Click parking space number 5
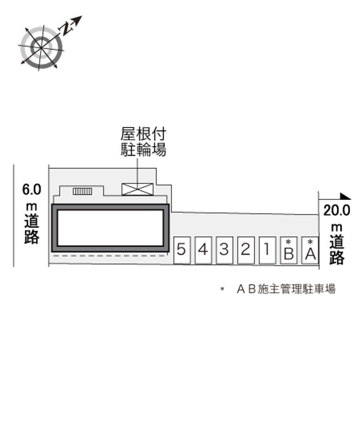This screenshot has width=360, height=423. click(x=181, y=250)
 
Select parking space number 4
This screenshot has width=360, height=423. click(x=203, y=250)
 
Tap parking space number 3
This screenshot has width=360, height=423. click(x=224, y=250)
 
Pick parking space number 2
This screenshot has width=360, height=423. click(x=245, y=250)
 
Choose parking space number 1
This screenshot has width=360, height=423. click(x=267, y=250)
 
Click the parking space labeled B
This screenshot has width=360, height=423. click(x=288, y=251)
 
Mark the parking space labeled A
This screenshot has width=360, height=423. click(x=310, y=251)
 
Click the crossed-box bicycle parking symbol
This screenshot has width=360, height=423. click(x=138, y=189)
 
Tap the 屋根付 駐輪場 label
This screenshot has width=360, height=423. click(x=143, y=142)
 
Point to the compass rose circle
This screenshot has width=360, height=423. click(x=41, y=47)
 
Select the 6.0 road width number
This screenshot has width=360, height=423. click(x=31, y=189)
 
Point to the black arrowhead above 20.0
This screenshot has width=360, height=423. click(x=345, y=196)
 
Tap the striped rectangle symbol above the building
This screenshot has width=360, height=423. click(x=82, y=191)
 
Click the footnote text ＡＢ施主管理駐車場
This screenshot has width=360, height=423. click(x=286, y=289)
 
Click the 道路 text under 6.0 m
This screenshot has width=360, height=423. click(x=31, y=229)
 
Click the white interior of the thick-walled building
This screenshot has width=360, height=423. click(x=110, y=228)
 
